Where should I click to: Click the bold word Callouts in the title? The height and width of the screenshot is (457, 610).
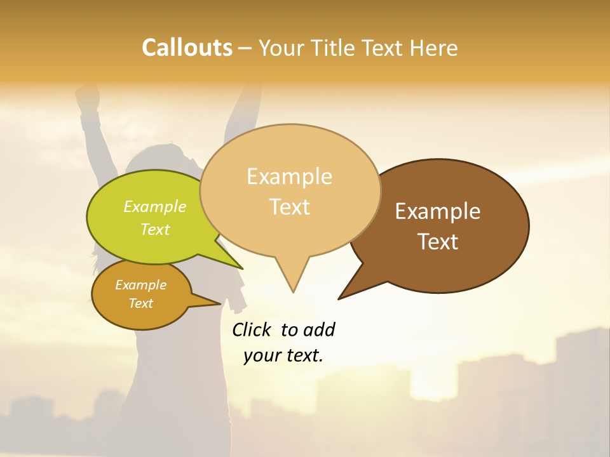187,48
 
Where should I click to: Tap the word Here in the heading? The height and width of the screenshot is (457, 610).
433,48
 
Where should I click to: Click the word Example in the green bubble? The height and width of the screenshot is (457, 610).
154,207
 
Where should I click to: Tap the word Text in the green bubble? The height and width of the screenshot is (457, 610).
154,229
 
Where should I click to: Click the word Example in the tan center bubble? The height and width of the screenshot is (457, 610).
289,176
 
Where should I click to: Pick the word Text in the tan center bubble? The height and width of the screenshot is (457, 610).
289,207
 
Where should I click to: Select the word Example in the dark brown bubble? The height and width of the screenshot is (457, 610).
438,211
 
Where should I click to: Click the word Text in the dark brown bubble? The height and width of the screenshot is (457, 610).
438,241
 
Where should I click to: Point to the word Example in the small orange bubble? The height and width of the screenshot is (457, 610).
140,285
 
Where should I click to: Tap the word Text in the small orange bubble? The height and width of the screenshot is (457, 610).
140,303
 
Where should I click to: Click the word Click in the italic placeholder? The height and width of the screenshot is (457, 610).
252,329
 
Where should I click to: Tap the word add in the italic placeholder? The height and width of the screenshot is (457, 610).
319,329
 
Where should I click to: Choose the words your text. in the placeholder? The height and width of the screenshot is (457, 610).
283,355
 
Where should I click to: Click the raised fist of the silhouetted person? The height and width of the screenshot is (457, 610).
87,96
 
